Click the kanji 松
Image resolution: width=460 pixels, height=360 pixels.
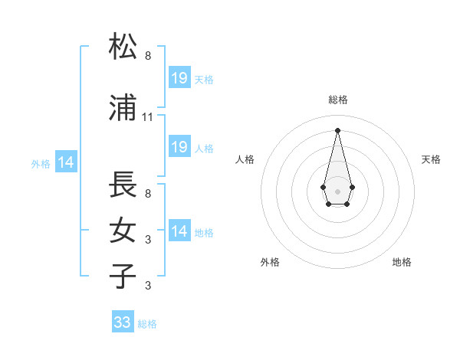point(123,47)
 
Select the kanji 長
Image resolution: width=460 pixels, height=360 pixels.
point(123,185)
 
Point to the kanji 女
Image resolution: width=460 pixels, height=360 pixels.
point(123,230)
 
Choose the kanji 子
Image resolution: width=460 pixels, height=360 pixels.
point(123,275)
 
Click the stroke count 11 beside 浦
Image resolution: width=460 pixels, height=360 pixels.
point(148,116)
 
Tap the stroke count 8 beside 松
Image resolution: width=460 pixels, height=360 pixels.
point(148,56)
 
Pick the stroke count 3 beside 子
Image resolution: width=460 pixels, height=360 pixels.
point(148,286)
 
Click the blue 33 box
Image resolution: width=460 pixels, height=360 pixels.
point(123,322)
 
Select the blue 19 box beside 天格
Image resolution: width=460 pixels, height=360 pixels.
point(179,78)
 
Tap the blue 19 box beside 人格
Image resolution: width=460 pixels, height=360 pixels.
point(179,147)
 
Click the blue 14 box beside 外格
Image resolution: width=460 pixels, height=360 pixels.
point(65,162)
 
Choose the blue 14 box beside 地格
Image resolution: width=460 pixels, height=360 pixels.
point(179,231)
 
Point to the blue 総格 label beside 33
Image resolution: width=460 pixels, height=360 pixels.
point(147,324)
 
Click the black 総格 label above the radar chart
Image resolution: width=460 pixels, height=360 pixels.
point(337,100)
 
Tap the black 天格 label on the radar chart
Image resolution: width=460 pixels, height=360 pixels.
point(432,159)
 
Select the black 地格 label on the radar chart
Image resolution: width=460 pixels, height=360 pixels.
point(402,262)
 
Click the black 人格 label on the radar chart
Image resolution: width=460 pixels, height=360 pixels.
point(245,159)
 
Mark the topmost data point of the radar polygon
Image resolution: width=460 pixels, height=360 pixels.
point(337,129)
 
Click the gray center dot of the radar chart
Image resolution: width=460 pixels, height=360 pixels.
point(337,190)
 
